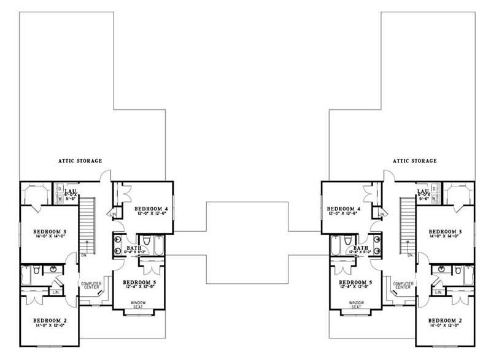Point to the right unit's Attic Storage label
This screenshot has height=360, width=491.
pos(412,161)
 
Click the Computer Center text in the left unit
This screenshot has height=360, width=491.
pos(91,285)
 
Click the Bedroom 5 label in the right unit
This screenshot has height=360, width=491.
pos(353,282)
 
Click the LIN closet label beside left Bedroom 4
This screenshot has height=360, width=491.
pos(115,214)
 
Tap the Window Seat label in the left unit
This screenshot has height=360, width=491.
pos(139,305)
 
